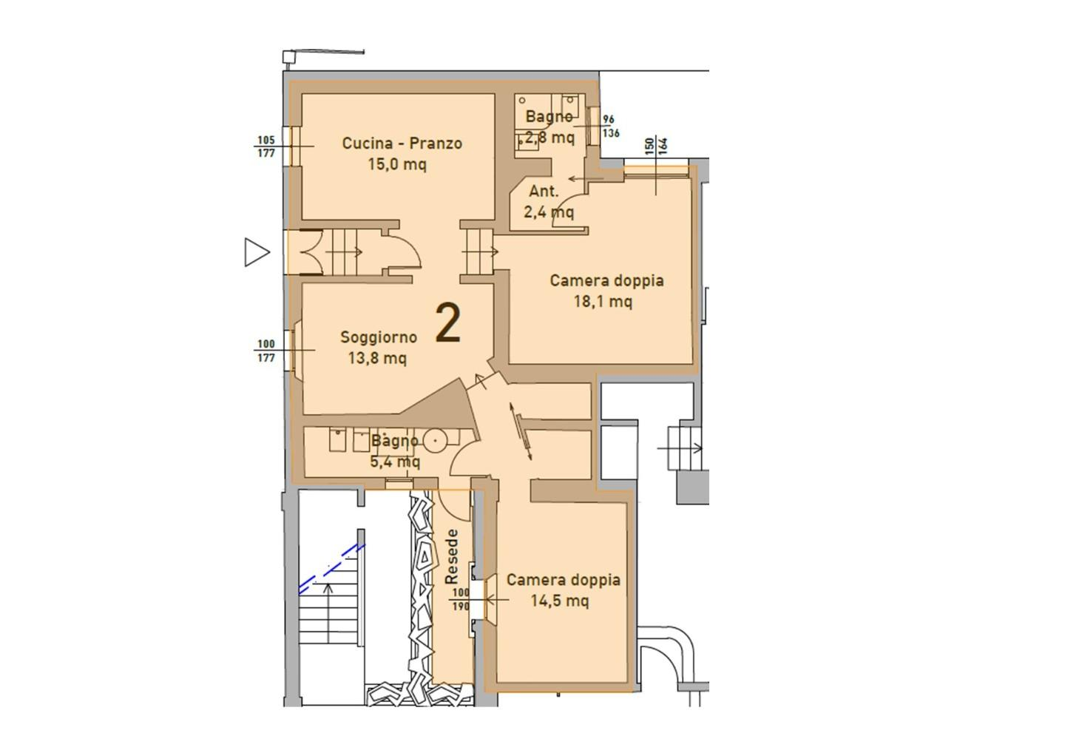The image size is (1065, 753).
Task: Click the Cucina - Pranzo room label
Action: click(402, 143)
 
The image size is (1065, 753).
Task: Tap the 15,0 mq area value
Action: click(397, 164)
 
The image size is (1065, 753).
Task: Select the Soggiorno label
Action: click(379, 337)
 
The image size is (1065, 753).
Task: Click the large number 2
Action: click(448, 323)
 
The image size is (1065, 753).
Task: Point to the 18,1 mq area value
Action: click(603, 301)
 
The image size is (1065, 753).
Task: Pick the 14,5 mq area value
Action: click(560, 601)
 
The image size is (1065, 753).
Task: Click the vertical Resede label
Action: click(452, 557)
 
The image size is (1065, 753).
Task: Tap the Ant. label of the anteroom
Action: click(544, 191)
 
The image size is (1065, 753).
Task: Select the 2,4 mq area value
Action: click(549, 212)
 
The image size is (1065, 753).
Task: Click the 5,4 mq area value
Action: click(395, 461)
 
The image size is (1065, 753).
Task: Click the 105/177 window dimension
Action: click(266, 146)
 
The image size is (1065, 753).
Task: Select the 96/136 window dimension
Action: click(611, 126)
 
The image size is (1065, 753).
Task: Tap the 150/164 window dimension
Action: click(657, 146)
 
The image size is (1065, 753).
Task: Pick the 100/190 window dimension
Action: click(461, 599)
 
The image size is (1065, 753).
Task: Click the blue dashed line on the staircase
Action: click(332, 570)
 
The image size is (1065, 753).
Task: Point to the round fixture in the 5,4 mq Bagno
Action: click(435, 441)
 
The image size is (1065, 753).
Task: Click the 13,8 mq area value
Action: click(377, 358)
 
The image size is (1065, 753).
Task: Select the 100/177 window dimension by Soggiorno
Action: click(266, 351)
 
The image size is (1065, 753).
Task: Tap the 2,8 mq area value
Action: click(550, 138)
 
